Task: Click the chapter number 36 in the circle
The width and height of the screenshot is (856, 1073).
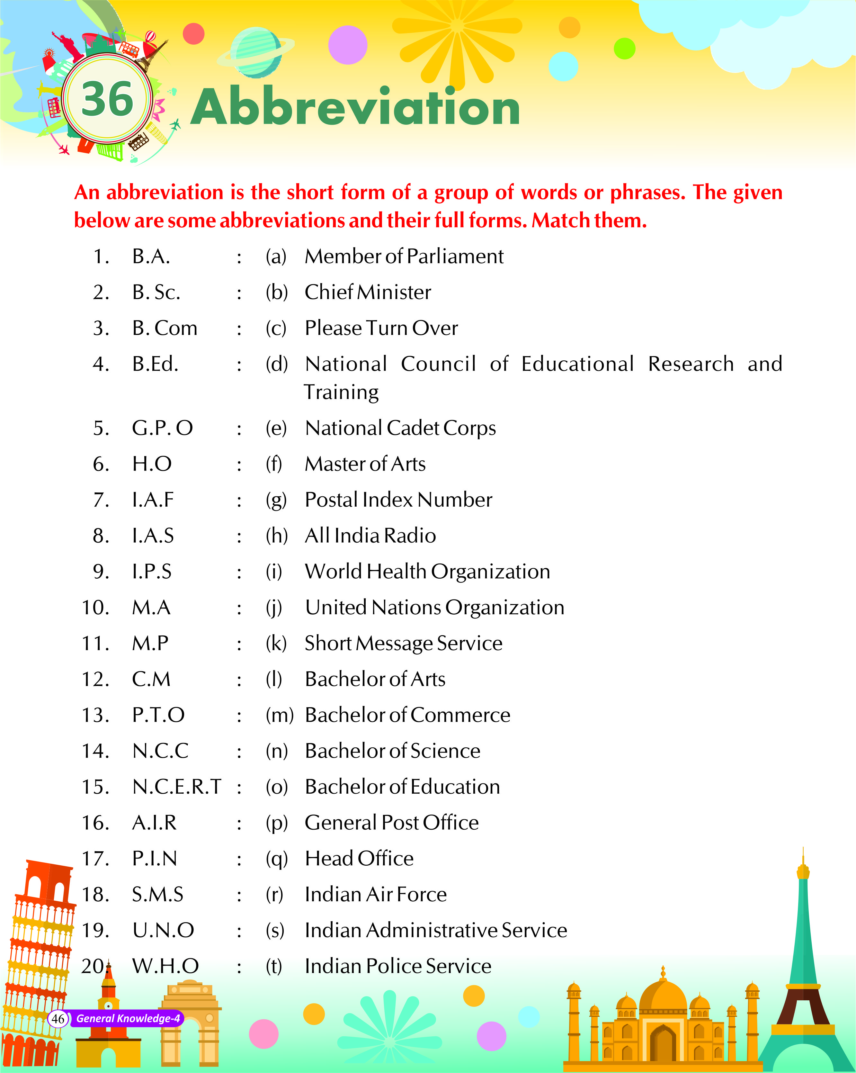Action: tap(107, 98)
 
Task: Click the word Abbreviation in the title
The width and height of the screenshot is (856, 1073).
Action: tap(355, 107)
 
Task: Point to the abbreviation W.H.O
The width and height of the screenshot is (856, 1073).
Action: tap(165, 966)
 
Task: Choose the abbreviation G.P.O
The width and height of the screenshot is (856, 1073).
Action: tap(162, 428)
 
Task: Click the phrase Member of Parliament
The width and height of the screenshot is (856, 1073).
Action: tap(404, 256)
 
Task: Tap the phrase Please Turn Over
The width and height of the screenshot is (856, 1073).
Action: tap(381, 328)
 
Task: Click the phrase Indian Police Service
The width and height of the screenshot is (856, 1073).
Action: tap(398, 966)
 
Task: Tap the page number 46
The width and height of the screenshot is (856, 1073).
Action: tap(58, 1018)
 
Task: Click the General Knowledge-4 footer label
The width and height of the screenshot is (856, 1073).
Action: tap(128, 1018)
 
